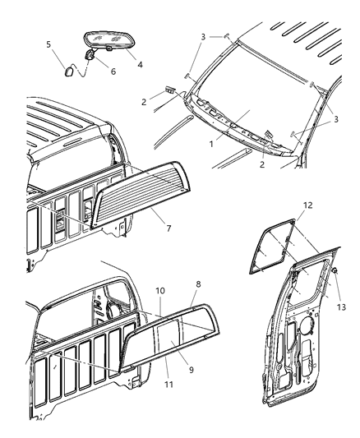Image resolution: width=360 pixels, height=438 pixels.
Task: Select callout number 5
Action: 48,44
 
